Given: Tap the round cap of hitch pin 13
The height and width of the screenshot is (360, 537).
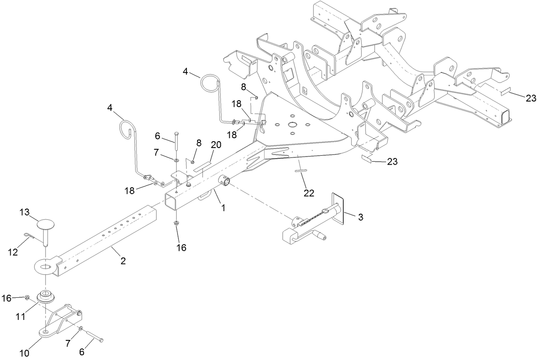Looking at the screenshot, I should click(x=47, y=224).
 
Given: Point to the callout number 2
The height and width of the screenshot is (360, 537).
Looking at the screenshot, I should click(x=123, y=261).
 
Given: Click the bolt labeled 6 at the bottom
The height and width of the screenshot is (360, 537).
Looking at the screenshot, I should click(x=95, y=336).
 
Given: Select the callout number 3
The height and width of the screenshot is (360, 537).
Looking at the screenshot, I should click(x=360, y=217).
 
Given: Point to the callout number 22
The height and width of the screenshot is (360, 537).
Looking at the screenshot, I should click(x=309, y=193).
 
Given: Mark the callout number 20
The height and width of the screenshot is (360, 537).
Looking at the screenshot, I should click(x=216, y=145).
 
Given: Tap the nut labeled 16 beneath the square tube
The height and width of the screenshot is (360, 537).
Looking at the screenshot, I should click(x=177, y=223).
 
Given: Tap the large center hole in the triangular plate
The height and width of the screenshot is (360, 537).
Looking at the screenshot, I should click(x=292, y=124).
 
